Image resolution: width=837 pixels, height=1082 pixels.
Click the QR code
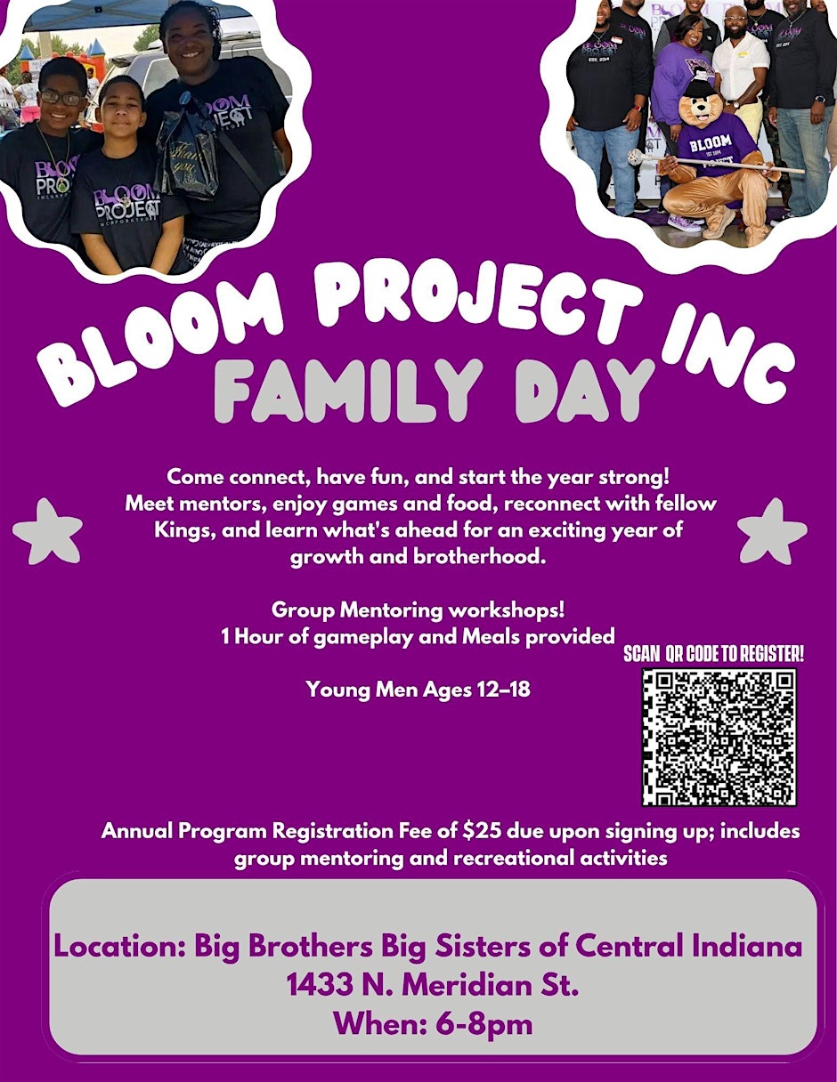point(719,738)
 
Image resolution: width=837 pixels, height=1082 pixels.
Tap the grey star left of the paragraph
point(47,531)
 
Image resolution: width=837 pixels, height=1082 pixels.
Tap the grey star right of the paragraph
point(772,531)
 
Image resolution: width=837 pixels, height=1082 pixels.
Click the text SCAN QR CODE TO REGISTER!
point(713,654)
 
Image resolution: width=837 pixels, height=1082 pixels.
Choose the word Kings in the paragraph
point(185,530)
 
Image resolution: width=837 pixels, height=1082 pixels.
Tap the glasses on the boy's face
point(61,98)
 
